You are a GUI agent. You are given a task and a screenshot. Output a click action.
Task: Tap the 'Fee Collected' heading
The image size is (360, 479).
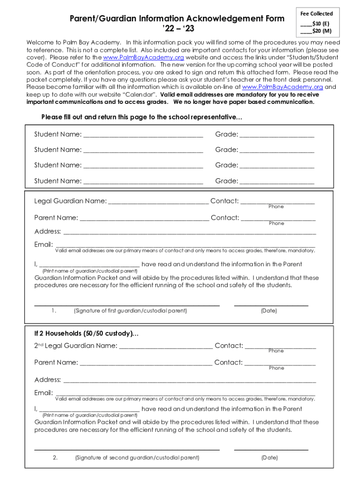click(317, 14)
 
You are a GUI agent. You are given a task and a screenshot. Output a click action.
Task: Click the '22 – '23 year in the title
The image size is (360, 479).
click(177, 30)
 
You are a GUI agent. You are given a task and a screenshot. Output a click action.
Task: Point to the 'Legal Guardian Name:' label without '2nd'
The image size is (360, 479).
click(70, 201)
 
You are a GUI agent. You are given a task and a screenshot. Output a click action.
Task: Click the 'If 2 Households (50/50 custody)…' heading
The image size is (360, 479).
click(86, 334)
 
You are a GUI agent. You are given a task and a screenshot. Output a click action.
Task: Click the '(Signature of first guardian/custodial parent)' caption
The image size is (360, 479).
click(130, 311)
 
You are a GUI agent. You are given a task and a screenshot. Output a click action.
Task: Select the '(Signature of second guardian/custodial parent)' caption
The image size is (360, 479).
click(137, 457)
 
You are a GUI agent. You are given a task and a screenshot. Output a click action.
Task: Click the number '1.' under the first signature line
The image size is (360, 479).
click(54, 311)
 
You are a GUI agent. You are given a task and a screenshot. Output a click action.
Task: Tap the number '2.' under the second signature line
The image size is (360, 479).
click(55, 457)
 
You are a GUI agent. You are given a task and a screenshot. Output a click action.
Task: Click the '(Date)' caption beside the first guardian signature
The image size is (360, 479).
click(269, 311)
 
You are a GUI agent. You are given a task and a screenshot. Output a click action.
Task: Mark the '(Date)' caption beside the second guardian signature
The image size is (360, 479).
click(269, 457)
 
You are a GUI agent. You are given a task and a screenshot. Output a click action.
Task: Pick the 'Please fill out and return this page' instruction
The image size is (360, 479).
click(142, 117)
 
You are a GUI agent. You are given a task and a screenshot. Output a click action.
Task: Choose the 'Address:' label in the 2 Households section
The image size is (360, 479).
click(48, 379)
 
